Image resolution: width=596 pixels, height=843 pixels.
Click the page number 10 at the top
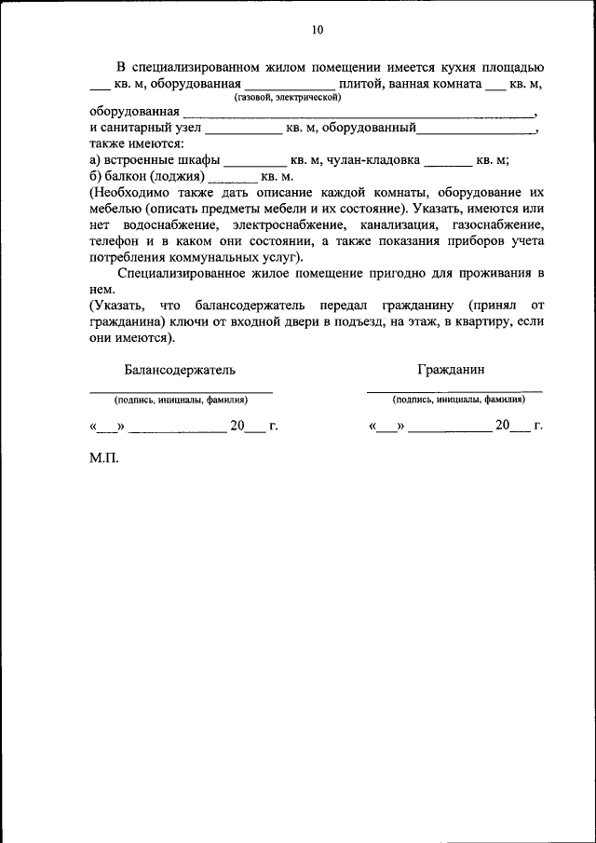tap(318, 30)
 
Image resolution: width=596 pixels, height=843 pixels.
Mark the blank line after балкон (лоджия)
tap(232, 178)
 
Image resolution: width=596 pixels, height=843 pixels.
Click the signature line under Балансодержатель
tap(181, 391)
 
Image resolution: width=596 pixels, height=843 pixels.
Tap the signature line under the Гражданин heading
tap(454, 391)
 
